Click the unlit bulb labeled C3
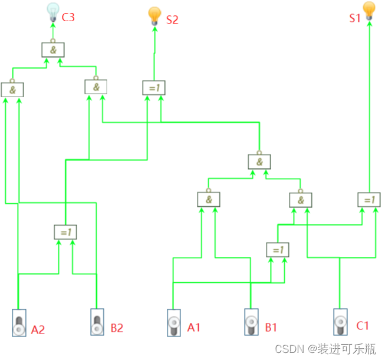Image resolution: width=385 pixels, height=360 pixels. coord(52,12)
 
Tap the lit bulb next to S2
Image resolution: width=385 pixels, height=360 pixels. coord(154,15)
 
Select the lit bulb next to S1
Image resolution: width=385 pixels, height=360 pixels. coord(369,11)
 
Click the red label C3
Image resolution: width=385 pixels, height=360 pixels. coord(68,17)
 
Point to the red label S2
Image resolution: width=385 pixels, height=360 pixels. coord(172,19)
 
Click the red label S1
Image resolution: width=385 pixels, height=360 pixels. coord(354,18)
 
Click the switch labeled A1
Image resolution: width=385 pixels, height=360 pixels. coord(173,323)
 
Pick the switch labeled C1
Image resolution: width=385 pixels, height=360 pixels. coord(340,322)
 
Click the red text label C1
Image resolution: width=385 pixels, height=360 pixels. coord(362,326)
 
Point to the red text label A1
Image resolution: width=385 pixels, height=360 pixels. coord(194,327)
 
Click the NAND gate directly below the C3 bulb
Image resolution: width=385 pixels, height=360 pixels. coord(52,50)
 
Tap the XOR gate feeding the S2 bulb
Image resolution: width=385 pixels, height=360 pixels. coord(154,88)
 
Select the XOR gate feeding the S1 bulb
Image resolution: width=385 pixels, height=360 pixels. coord(369,200)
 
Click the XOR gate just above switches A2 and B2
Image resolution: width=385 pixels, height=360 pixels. coord(65,232)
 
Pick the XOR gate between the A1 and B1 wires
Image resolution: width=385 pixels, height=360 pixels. coord(278,250)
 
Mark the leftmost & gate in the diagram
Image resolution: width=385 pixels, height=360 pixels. coord(12,90)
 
